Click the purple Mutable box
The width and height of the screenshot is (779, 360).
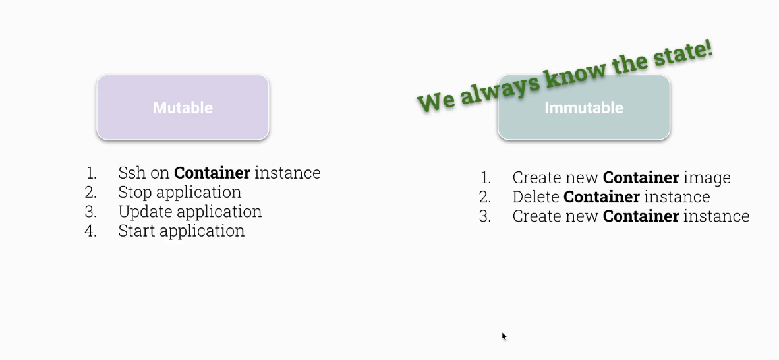(x=183, y=107)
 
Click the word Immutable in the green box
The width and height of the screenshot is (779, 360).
(x=584, y=108)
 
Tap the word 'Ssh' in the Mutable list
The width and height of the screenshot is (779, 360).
(x=132, y=173)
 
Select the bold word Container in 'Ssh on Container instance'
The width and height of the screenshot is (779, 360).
(x=212, y=173)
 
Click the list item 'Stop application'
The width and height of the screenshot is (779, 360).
(x=180, y=193)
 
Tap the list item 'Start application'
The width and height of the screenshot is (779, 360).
(x=181, y=231)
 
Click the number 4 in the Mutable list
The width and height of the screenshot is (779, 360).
(x=90, y=231)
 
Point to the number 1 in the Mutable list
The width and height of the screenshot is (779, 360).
(x=91, y=173)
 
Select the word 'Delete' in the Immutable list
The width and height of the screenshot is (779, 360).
(x=536, y=197)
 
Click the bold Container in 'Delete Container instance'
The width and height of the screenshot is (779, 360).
(x=602, y=197)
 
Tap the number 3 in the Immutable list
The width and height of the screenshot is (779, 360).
(x=485, y=216)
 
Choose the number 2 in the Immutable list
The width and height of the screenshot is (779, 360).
(x=485, y=197)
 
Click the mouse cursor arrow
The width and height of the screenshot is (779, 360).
(x=504, y=337)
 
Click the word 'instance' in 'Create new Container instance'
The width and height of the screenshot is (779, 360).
(x=716, y=216)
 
